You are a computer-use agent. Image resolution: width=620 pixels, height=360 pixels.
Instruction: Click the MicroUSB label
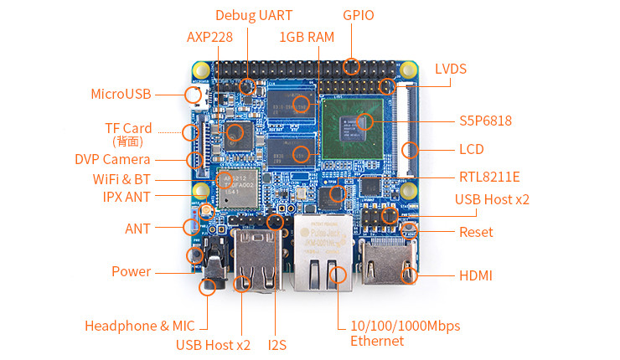coord(121,93)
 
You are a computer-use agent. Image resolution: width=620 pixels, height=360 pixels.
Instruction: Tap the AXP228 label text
coord(209,37)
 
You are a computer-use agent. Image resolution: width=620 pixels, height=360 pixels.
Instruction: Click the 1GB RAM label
coord(307,37)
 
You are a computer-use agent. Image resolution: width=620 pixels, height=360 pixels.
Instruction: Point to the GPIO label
coord(359,15)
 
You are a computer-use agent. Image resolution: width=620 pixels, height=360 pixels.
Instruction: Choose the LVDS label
coord(451,69)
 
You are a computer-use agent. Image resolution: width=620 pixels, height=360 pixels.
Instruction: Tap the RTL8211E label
coord(489,177)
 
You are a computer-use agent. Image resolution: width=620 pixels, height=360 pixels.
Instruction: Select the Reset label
coord(476,232)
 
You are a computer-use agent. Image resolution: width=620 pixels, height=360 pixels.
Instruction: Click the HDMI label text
coord(476,275)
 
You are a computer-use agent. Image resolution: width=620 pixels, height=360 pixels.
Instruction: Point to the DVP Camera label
coord(112,159)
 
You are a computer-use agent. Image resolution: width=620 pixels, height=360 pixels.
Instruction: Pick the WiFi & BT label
coord(121,179)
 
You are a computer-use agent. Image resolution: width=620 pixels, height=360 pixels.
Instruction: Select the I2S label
coord(277,344)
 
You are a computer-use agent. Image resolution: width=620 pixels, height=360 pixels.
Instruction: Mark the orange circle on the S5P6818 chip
coord(364,122)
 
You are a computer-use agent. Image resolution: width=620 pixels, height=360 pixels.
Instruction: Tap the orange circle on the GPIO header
coord(352,65)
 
